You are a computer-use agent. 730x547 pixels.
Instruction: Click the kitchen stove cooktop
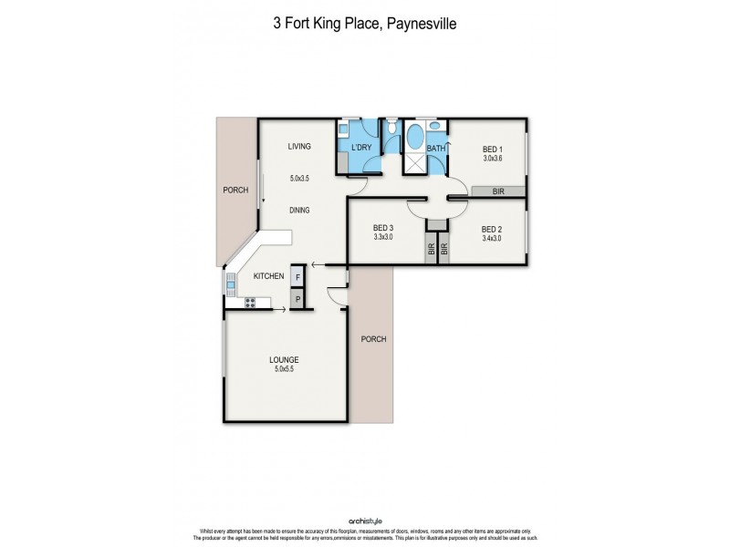coord(250,302)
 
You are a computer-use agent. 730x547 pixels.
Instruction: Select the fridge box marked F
coord(297,277)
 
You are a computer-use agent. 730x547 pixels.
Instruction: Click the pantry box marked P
coord(297,298)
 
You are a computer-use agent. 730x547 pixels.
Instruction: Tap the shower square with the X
coord(413,164)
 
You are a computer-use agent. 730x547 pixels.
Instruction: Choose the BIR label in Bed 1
coord(498,191)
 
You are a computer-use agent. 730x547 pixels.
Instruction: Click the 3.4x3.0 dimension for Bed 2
coord(490,239)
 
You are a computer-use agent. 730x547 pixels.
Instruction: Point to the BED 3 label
coord(383,229)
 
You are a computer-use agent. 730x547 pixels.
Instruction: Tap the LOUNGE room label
coord(285,359)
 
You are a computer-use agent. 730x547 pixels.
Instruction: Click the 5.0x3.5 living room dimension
coord(299,179)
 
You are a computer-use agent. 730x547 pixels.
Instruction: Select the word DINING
coord(299,210)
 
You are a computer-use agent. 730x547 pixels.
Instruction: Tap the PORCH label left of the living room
coord(235,191)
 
